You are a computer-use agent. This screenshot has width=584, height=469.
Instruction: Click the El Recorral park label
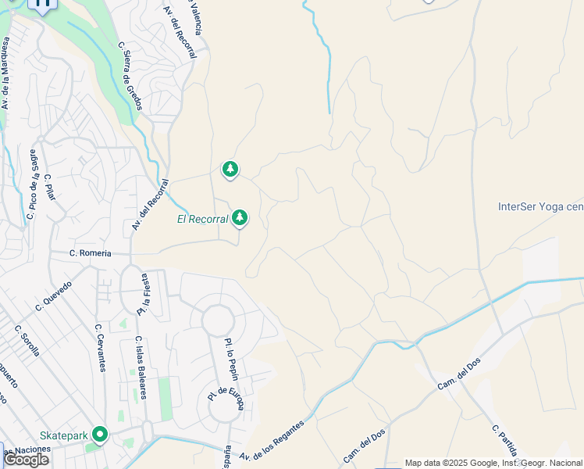tap(202, 219)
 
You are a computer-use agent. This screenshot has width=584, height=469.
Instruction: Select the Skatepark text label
tap(63, 435)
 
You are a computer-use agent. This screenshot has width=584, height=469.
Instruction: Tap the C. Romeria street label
tap(90, 253)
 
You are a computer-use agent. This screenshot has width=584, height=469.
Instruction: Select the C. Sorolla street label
tap(27, 339)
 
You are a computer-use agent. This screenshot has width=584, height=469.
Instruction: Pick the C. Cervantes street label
tap(100, 348)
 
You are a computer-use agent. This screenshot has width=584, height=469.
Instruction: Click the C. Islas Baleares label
tap(141, 367)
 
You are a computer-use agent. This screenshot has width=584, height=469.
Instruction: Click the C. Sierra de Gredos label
tap(130, 75)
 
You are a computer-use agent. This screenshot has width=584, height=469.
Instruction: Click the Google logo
tap(27, 460)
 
